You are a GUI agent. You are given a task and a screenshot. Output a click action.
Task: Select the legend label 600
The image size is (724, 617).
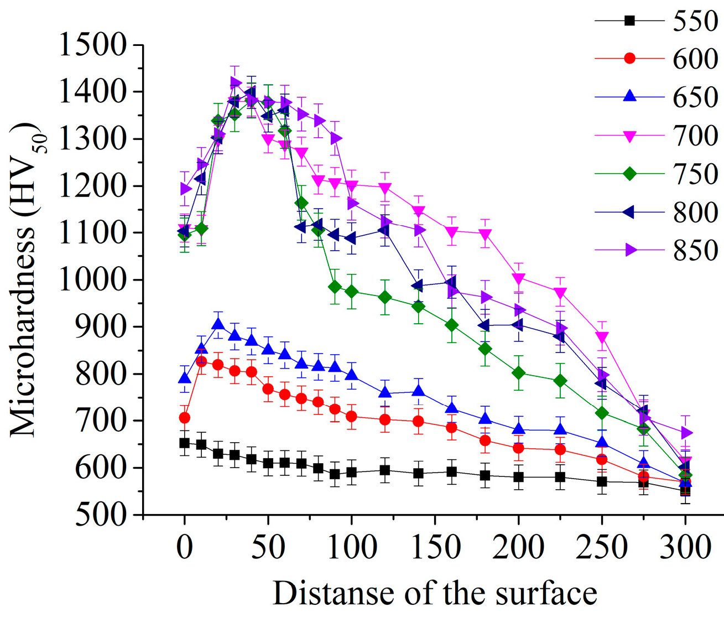(x=695, y=59)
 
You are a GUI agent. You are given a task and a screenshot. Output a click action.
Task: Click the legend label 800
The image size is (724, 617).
(x=695, y=212)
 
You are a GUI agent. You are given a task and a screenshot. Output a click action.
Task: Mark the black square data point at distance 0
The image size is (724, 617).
(x=185, y=443)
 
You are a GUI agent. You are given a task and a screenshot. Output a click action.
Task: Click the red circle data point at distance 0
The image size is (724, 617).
(x=185, y=418)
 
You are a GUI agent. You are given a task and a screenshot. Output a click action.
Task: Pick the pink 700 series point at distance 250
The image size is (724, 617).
(x=602, y=338)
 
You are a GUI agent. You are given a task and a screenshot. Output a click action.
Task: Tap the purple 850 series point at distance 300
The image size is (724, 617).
(x=685, y=432)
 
